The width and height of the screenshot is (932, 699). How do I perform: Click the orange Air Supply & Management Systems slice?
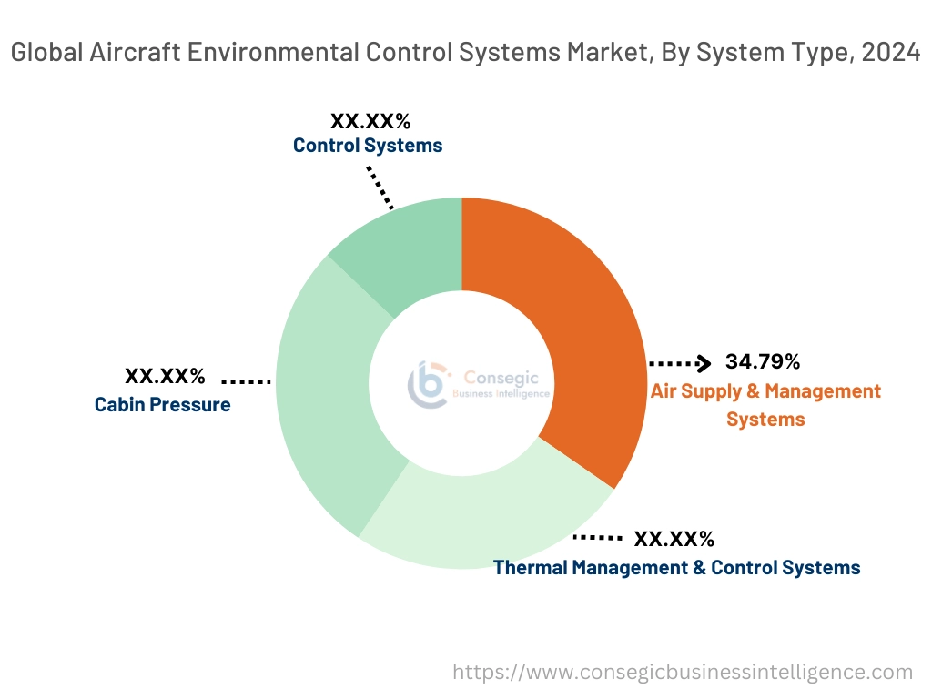[x=582, y=346]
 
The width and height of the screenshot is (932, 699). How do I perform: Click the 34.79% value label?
[x=763, y=361]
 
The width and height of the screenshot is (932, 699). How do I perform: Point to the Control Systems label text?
[x=368, y=145]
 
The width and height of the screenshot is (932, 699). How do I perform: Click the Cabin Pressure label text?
[x=163, y=404]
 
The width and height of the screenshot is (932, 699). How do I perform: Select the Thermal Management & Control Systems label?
[x=676, y=567]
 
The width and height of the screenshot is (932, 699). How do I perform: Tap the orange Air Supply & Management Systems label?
[x=765, y=405]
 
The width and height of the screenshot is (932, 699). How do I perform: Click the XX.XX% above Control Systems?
[x=370, y=120]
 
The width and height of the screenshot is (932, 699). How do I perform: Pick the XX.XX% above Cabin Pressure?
[x=165, y=376]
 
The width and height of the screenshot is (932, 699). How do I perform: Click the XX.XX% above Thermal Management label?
[x=674, y=538]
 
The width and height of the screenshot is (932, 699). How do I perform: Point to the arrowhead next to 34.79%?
[x=703, y=363]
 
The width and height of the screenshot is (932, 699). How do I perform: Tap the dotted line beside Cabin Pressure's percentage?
[x=246, y=380]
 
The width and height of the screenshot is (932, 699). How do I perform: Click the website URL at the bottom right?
[x=683, y=673]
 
